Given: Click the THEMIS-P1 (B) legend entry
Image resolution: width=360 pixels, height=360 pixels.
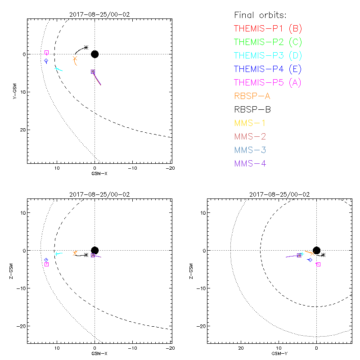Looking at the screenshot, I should click(268, 29).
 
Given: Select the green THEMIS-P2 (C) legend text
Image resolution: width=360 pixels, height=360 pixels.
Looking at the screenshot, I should click(268, 42).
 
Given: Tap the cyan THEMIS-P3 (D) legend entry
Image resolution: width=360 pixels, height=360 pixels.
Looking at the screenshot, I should click(268, 56).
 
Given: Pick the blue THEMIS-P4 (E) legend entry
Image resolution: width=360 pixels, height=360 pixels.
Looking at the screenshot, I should click(268, 69).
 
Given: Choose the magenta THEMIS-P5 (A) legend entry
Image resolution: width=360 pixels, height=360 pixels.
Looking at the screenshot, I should click(268, 83).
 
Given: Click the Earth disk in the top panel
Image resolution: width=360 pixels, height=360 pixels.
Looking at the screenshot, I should click(94, 54).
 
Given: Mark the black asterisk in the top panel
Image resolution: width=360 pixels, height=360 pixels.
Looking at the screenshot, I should click(86, 47).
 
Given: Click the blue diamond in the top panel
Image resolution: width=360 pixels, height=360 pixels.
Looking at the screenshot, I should click(46, 61).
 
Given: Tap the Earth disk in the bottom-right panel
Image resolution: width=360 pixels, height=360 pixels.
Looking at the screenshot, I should click(317, 251).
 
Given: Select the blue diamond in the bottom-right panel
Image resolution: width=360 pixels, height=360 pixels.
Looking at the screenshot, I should click(310, 260).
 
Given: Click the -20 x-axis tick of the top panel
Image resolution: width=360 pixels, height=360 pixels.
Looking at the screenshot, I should click(170, 168).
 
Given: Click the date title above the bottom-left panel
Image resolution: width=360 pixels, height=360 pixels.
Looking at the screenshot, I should click(99, 194).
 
